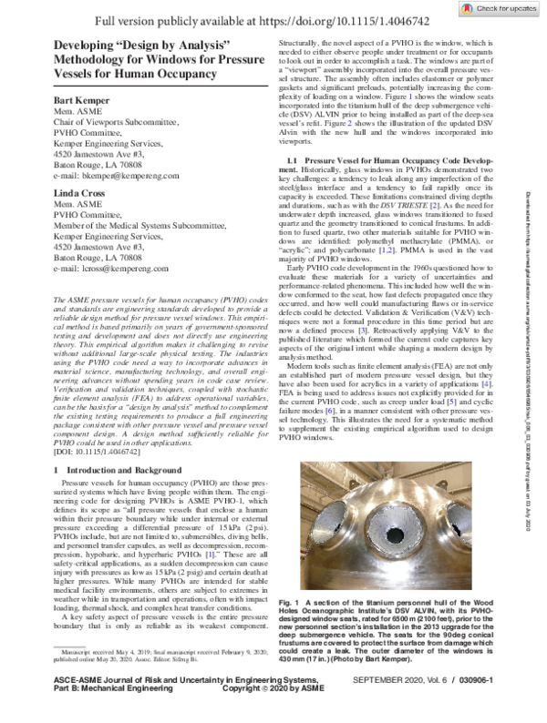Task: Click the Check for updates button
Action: click(500, 9)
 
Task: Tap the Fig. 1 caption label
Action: click(289, 604)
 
